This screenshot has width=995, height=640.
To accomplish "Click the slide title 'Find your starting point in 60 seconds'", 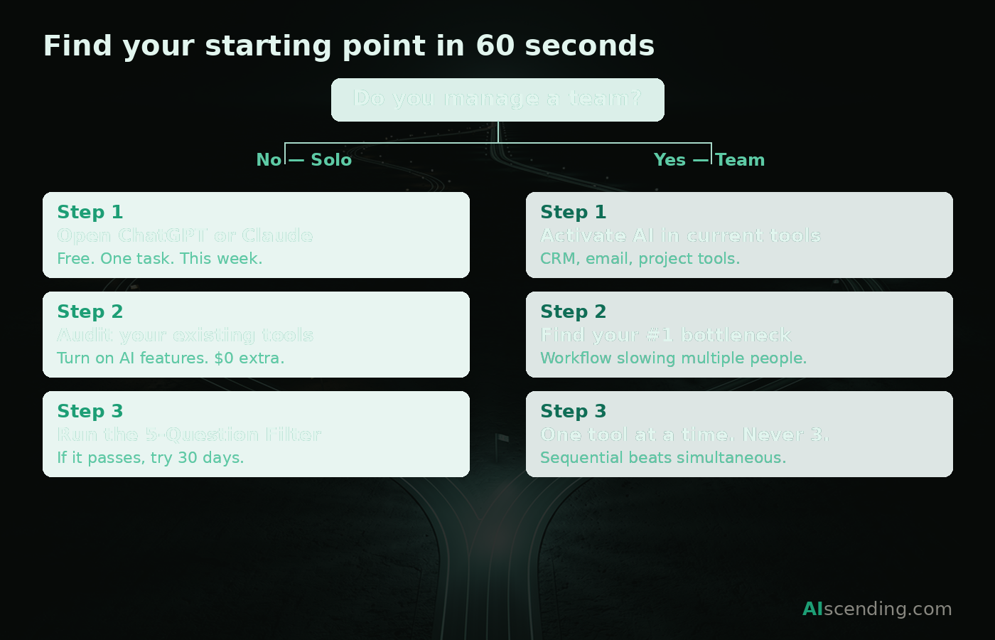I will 348,46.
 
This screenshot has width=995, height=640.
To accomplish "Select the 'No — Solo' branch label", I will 304,160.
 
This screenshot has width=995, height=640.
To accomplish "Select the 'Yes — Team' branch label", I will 709,160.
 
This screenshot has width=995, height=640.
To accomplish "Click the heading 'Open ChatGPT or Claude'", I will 185,235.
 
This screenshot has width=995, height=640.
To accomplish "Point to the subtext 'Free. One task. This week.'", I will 159,259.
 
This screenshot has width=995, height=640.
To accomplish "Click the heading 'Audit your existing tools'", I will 185,335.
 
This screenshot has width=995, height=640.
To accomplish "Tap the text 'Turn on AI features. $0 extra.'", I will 171,358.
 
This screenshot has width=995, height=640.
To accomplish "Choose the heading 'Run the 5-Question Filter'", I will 189,434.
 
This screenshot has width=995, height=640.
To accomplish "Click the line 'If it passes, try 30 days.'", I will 150,458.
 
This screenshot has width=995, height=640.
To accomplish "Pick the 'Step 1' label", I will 573,212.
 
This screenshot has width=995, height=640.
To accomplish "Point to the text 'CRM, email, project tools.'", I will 640,259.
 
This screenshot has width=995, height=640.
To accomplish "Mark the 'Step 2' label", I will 573,311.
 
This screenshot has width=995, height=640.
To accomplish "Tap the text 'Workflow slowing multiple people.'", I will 673,358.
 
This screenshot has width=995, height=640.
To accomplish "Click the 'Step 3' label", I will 573,411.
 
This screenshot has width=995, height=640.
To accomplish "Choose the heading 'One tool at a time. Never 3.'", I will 684,434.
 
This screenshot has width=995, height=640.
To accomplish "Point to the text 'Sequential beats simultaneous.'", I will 663,458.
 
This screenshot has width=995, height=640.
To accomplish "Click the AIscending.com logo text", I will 877,609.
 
